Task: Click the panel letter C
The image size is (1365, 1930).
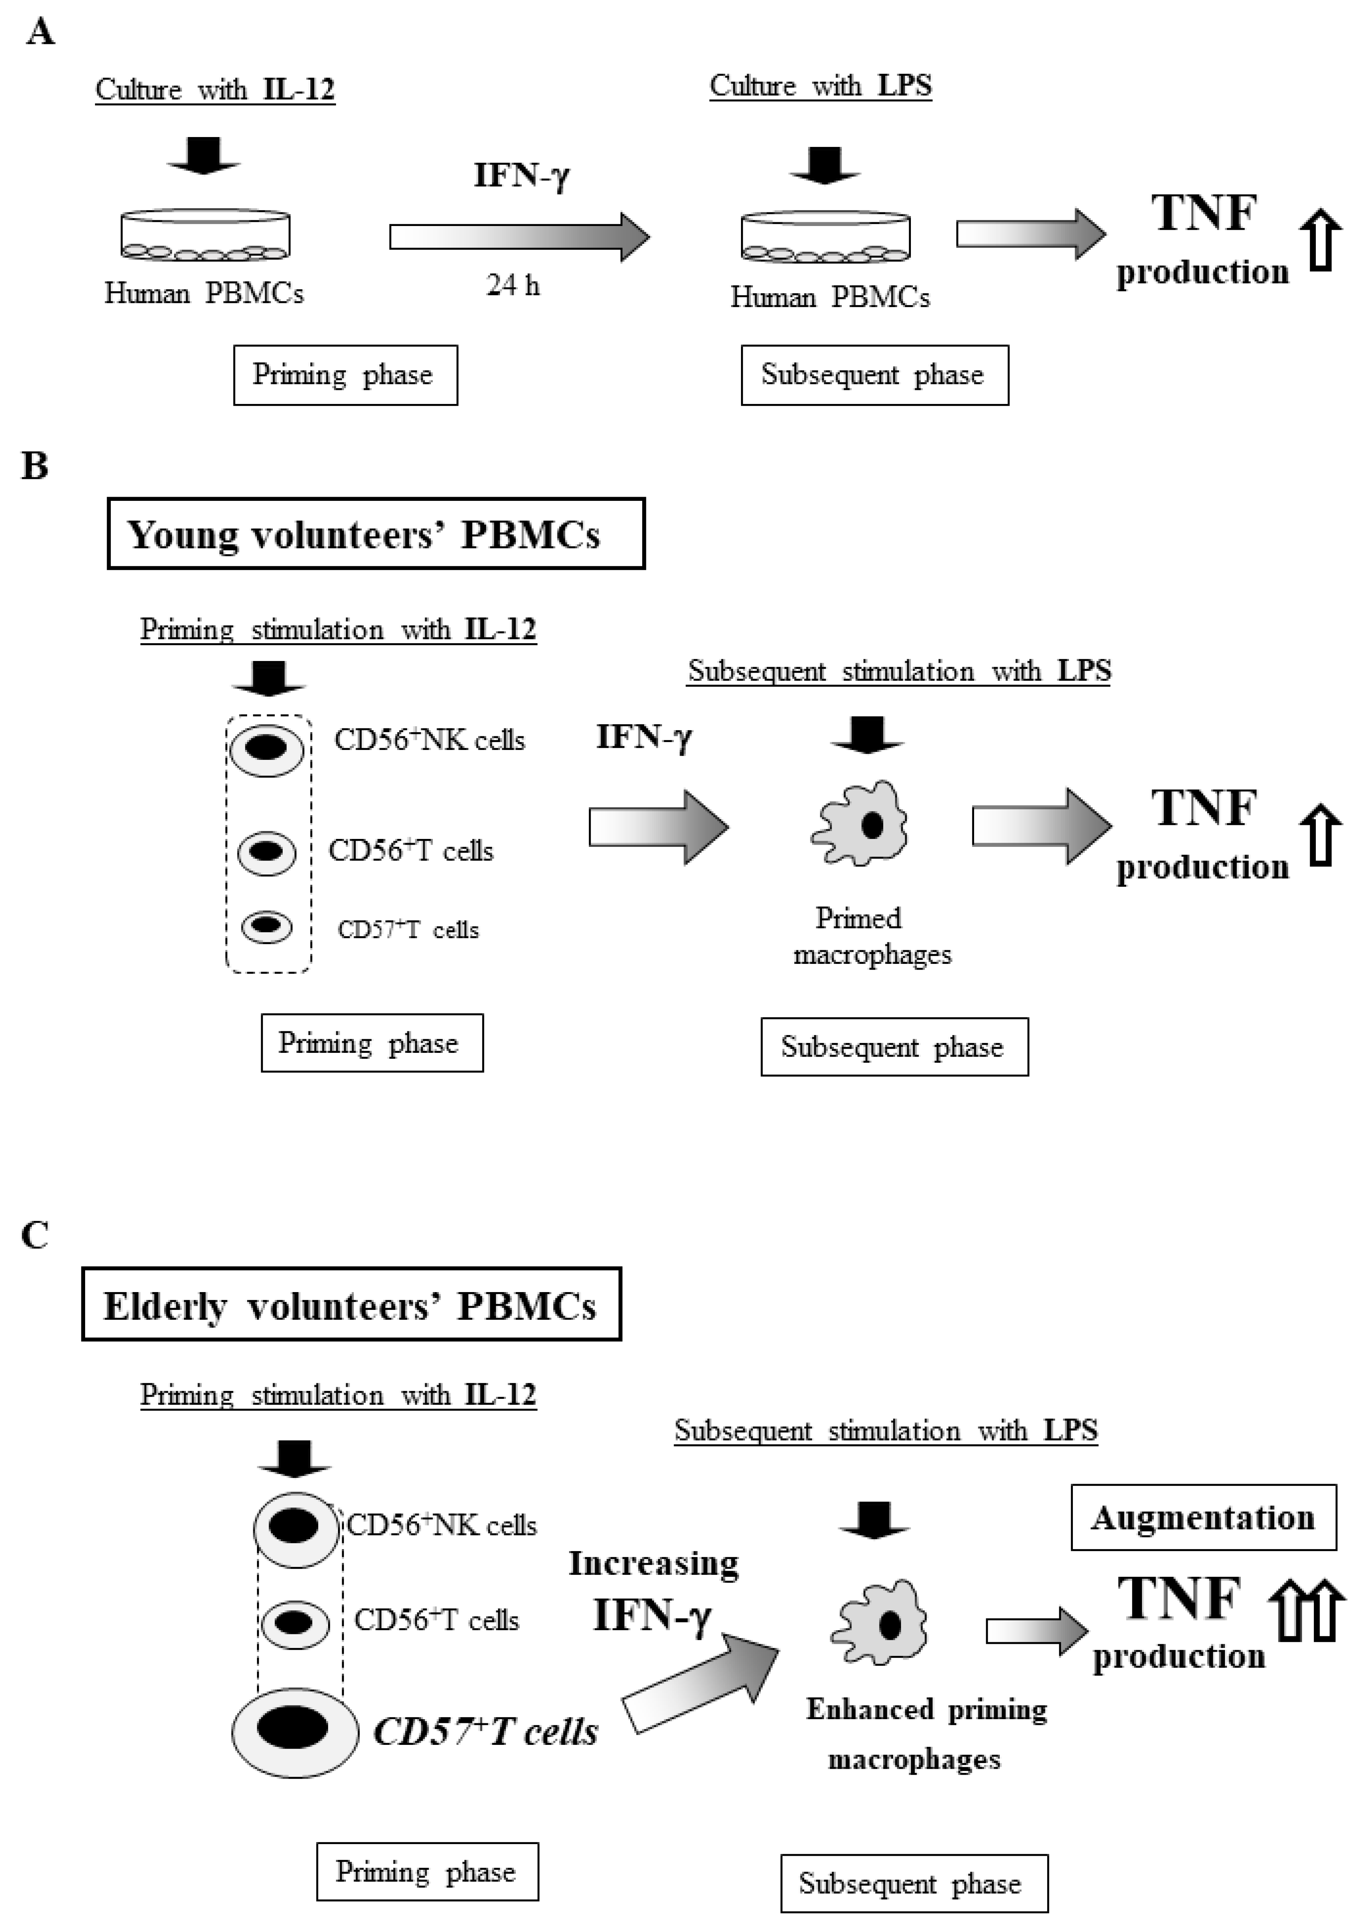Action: coord(34,1236)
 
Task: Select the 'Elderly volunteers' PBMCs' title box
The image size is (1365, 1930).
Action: coord(351,1305)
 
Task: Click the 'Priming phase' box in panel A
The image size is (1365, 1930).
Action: coord(346,375)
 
